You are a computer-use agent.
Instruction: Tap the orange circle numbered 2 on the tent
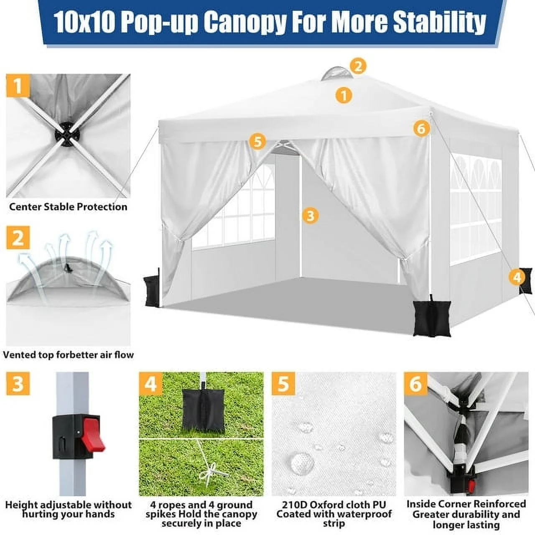coord(358,66)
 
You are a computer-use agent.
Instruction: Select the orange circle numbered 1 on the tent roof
coord(344,95)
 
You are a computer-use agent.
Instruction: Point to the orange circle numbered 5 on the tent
coord(257,141)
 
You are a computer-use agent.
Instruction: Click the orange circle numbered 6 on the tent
coord(421,128)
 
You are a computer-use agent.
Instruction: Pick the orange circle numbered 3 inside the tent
coord(310,216)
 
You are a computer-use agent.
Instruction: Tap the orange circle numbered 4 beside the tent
coord(517,277)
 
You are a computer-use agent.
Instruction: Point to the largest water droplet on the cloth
coord(301,462)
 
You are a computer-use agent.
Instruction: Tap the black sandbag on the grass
coord(201,409)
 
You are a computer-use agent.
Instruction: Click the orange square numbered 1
coord(18,86)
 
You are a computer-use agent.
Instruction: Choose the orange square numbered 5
coord(283,383)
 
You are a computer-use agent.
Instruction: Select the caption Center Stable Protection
coord(68,206)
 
